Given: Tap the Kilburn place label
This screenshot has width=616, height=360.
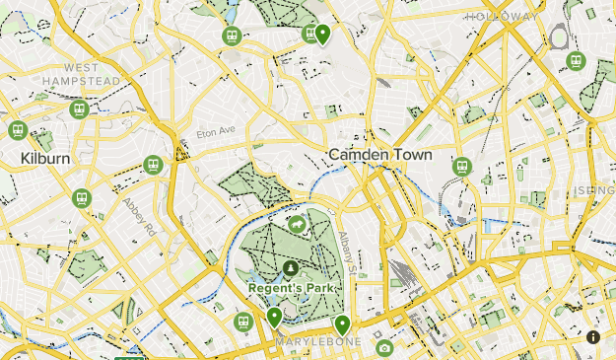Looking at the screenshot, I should [x=43, y=157].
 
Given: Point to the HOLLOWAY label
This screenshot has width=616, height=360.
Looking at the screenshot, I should [x=503, y=17].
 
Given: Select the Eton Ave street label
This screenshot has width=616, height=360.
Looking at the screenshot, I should [x=216, y=130].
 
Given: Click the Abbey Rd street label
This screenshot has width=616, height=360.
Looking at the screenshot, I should [x=139, y=214].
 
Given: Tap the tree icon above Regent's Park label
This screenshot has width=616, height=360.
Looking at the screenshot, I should [x=291, y=267].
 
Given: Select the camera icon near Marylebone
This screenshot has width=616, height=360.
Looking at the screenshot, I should [x=384, y=347].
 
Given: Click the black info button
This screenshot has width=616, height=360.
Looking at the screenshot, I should [x=593, y=336].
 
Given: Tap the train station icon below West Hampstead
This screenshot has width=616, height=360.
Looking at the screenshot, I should [x=80, y=108].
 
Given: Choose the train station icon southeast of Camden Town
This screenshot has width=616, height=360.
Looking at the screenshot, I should [x=461, y=167].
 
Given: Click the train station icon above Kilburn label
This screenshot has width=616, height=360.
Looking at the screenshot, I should [x=17, y=130].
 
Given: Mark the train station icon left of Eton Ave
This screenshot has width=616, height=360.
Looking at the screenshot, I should [x=153, y=165].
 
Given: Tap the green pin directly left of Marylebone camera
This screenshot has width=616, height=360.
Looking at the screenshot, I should [x=342, y=324].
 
